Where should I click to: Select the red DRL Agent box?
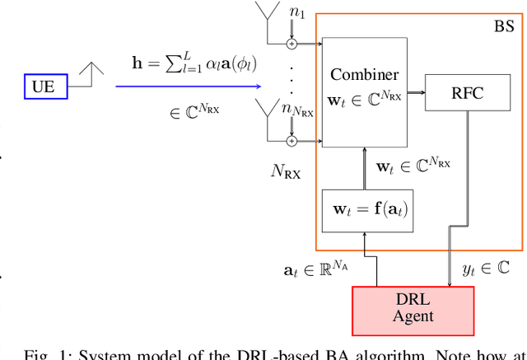pos(413,305)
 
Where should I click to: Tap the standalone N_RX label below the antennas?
pos(286,171)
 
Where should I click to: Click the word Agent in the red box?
pos(413,315)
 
